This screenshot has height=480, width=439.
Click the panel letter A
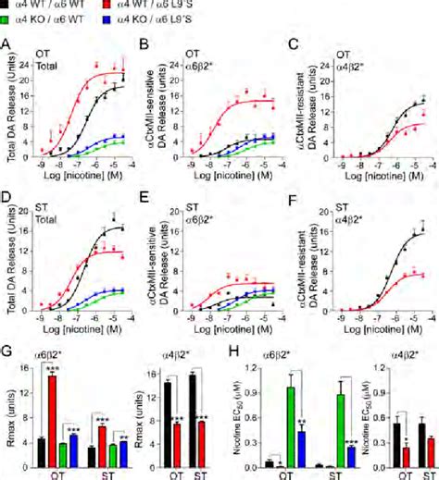tap(7, 44)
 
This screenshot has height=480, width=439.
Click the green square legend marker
tap(7, 16)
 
